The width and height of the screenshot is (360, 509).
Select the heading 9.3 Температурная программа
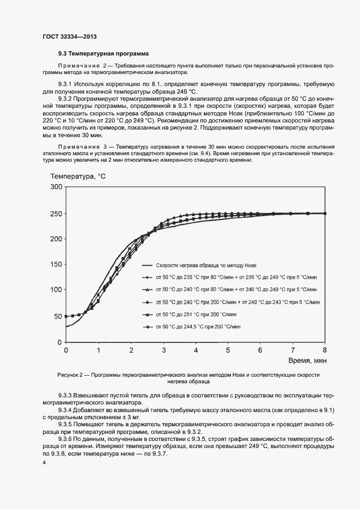(x=103, y=54)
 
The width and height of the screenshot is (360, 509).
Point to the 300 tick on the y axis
(x=56, y=187)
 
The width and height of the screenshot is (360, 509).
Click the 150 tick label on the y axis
(x=56, y=265)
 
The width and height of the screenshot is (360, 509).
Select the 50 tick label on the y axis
(x=58, y=316)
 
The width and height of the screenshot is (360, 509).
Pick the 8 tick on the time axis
(x=325, y=350)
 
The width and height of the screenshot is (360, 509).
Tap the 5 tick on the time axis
(x=228, y=350)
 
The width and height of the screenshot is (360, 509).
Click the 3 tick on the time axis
(x=163, y=350)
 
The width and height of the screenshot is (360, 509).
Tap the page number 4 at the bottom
(x=44, y=462)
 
